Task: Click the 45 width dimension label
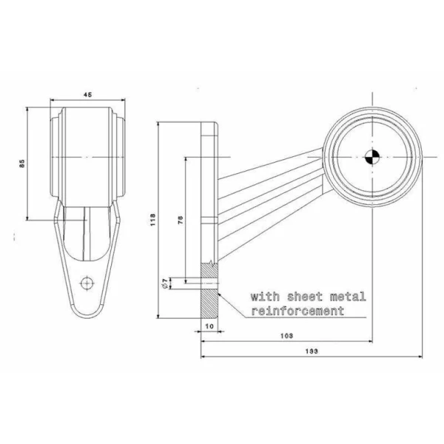coord(88,95)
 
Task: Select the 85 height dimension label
coord(22,164)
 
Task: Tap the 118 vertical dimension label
coord(153,220)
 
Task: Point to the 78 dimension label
coord(181,220)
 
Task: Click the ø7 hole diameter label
coord(164,283)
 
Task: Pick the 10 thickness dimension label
coord(209,326)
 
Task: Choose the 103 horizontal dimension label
coord(286,336)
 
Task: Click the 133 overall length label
coord(312,351)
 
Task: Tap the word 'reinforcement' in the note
coord(297,311)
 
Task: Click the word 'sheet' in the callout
coord(305,297)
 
